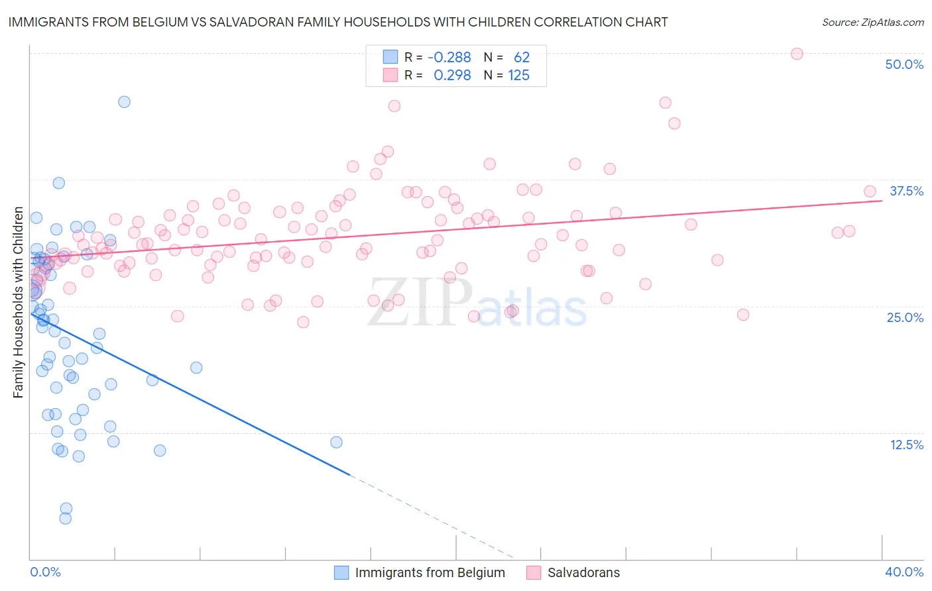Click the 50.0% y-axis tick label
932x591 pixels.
pyautogui.click(x=904, y=64)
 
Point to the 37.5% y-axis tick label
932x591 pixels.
pyautogui.click(x=906, y=191)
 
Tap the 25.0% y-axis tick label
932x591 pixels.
pyautogui.click(x=905, y=317)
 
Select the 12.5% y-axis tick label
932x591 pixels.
pyautogui.click(x=906, y=445)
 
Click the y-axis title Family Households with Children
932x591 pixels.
pyautogui.click(x=18, y=303)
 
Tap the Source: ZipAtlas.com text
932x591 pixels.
pyautogui.click(x=872, y=23)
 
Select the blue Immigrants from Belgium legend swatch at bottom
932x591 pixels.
pyautogui.click(x=341, y=572)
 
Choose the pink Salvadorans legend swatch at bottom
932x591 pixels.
pyautogui.click(x=534, y=572)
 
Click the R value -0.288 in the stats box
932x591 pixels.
pyautogui.click(x=449, y=58)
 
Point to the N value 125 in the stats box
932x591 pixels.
pyautogui.click(x=518, y=76)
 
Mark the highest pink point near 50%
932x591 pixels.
pyautogui.click(x=797, y=54)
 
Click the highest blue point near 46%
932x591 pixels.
pyautogui.click(x=124, y=102)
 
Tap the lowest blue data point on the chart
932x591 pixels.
pyautogui.click(x=65, y=518)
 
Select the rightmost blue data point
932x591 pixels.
pyautogui.click(x=336, y=442)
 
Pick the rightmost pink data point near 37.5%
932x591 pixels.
pyautogui.click(x=870, y=191)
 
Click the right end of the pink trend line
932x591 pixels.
pyautogui.click(x=882, y=200)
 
